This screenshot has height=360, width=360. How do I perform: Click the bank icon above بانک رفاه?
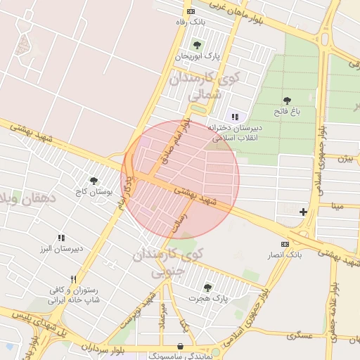[191, 12]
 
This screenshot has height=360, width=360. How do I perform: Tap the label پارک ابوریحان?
[198, 56]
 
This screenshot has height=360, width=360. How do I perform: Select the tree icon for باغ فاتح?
[287, 101]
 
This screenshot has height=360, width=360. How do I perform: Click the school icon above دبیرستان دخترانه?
[234, 117]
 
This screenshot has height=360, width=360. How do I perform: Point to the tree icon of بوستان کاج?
[94, 181]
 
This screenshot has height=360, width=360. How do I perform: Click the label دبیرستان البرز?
[60, 248]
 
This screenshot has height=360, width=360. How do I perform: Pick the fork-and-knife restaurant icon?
[74, 279]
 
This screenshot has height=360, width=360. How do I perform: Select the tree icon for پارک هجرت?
[207, 287]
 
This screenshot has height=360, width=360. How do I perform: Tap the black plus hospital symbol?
[303, 212]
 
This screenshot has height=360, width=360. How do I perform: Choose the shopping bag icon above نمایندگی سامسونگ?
[182, 347]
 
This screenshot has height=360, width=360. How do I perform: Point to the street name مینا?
[338, 206]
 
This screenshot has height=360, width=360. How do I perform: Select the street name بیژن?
[345, 159]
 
